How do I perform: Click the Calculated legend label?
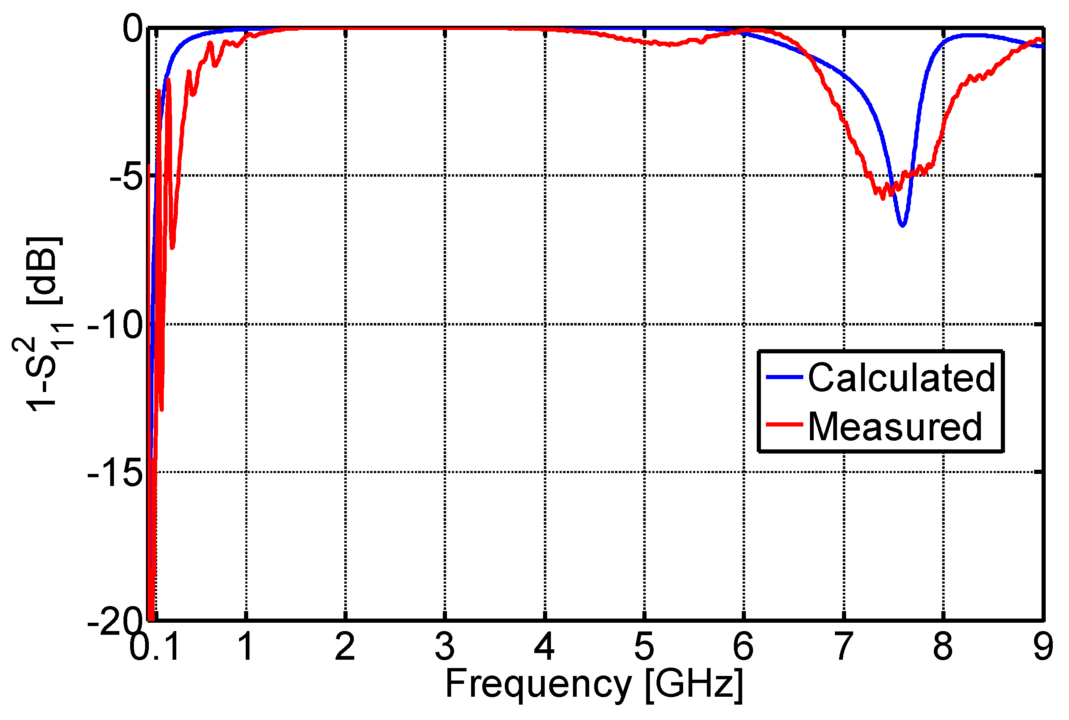(x=901, y=377)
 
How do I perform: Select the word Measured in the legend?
(x=894, y=427)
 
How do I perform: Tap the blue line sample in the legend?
(x=784, y=377)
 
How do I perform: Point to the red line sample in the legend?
(x=784, y=424)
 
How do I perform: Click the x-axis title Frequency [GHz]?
(x=593, y=684)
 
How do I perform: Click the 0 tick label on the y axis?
(x=133, y=28)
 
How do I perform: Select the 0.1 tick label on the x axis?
(x=154, y=646)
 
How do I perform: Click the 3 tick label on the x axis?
(x=444, y=646)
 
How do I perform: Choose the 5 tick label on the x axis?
(x=644, y=646)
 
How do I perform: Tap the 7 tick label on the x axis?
(x=843, y=646)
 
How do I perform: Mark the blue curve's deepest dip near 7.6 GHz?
(x=902, y=225)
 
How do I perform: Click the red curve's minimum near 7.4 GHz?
(x=883, y=198)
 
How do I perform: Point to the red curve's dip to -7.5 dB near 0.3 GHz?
(x=172, y=248)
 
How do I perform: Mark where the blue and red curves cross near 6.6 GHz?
(x=808, y=56)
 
